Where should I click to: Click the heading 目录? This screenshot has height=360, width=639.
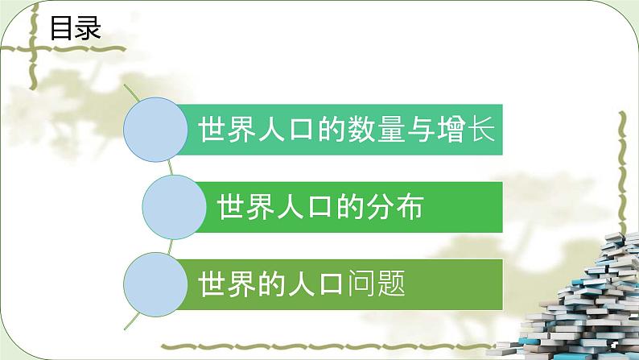[x=75, y=29]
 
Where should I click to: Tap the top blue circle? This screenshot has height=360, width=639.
[x=155, y=129]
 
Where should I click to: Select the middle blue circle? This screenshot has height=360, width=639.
[x=172, y=208]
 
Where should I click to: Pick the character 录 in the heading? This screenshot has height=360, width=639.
[x=88, y=29]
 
